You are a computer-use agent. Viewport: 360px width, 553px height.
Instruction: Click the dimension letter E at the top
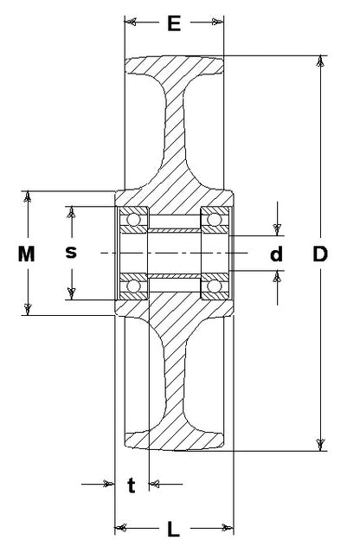pyautogui.click(x=174, y=23)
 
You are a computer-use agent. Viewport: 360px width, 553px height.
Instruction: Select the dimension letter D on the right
pyautogui.click(x=320, y=254)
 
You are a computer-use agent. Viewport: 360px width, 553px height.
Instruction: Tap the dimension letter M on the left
pyautogui.click(x=27, y=254)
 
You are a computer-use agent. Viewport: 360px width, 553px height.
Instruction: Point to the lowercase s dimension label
pyautogui.click(x=71, y=253)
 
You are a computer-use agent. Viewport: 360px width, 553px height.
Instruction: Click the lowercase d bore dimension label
pyautogui.click(x=276, y=254)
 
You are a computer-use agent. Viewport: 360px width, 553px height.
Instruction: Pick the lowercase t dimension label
pyautogui.click(x=132, y=485)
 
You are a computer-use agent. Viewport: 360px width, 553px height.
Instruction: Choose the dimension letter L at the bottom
pyautogui.click(x=173, y=529)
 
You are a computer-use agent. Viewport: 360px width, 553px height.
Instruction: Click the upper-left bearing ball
pyautogui.click(x=133, y=219)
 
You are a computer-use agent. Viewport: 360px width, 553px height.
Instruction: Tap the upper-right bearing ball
pyautogui.click(x=214, y=219)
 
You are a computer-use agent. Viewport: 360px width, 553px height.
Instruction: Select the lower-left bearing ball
pyautogui.click(x=133, y=286)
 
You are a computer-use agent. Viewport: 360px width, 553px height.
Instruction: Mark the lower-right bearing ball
pyautogui.click(x=214, y=286)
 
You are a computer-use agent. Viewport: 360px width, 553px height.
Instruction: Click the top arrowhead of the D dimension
pyautogui.click(x=320, y=61)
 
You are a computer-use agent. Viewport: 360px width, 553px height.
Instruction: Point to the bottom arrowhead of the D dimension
pyautogui.click(x=320, y=445)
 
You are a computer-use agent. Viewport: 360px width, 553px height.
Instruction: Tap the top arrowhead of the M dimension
pyautogui.click(x=27, y=196)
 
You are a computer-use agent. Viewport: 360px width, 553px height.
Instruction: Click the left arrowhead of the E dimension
pyautogui.click(x=131, y=23)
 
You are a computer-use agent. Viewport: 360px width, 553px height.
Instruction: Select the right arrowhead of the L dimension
pyautogui.click(x=228, y=528)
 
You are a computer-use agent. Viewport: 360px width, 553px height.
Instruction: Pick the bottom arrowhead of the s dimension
pyautogui.click(x=72, y=293)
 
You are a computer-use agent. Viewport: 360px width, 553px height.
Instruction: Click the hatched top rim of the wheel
pyautogui.click(x=174, y=65)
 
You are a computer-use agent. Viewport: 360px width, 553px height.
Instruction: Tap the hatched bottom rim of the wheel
pyautogui.click(x=174, y=440)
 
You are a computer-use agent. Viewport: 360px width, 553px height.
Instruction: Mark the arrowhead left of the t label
pyautogui.click(x=108, y=484)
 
